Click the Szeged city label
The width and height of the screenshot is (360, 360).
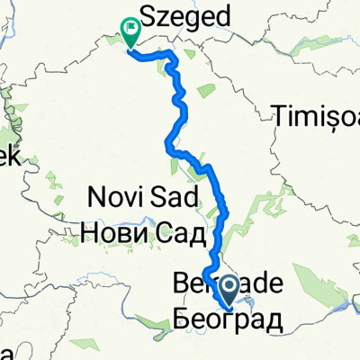pyautogui.click(x=183, y=16)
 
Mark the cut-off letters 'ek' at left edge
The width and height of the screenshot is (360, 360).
pyautogui.click(x=8, y=157)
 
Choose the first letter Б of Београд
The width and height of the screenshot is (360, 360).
pyautogui.click(x=176, y=317)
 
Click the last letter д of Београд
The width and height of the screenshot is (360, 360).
pyautogui.click(x=266, y=318)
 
